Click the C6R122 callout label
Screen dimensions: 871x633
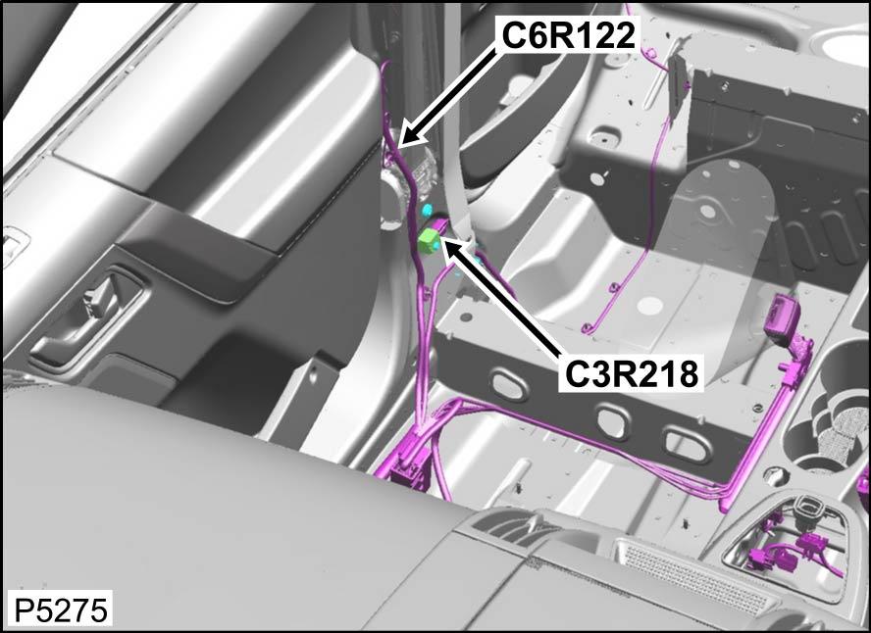pos(568,35)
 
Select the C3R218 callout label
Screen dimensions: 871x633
pos(631,374)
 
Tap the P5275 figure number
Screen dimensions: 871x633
pos(60,610)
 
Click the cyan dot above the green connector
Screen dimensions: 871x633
pos(428,211)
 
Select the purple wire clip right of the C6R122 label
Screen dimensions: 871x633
pos(648,54)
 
